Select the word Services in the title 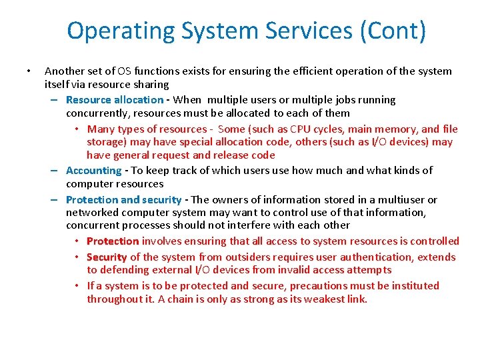[300, 31]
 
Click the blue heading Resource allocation [114, 100]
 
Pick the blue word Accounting [93, 171]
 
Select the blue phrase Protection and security [123, 200]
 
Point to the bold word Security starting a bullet [107, 257]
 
